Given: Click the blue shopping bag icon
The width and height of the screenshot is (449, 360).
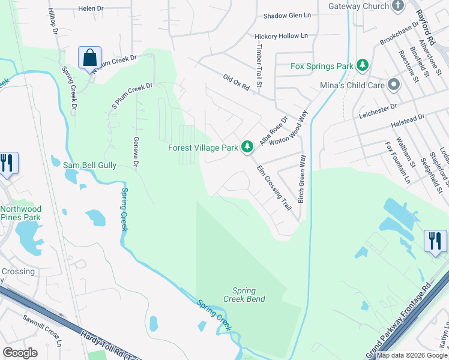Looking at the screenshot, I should point(89,58).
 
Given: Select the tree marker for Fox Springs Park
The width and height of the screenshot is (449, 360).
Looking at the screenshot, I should point(362,65).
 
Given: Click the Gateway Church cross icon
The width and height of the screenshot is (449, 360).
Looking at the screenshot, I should point(397,6).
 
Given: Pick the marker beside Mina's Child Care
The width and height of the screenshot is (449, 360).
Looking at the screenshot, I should point(394,85).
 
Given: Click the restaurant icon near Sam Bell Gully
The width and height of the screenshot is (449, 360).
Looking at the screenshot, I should point(7,163).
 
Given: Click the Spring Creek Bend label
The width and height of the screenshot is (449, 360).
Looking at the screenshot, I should point(244,295).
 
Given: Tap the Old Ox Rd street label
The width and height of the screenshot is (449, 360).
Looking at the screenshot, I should point(236,83).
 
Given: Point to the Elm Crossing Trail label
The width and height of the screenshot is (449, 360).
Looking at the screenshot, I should point(274,188).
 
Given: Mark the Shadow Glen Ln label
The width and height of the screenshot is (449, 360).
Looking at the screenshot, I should point(289,16).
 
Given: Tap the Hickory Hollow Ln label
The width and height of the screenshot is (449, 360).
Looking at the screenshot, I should point(281,36).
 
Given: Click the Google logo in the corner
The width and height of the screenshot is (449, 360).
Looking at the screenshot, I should point(20,353).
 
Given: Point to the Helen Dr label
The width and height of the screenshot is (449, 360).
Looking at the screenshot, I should point(91,8).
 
